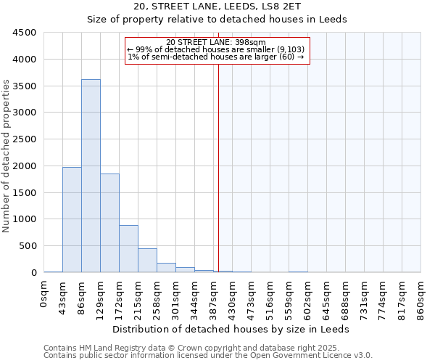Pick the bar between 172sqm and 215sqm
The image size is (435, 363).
(x=128, y=248)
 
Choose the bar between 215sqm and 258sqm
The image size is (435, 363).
(x=147, y=260)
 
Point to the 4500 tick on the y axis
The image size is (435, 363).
(x=25, y=33)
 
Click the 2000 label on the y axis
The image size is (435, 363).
(x=25, y=166)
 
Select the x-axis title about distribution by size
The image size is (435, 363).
(x=232, y=329)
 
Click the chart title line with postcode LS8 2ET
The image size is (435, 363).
(x=217, y=7)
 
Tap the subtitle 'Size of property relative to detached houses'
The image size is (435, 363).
(x=217, y=20)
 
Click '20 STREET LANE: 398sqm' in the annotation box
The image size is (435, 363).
(x=217, y=42)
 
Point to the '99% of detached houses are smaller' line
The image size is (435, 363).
(x=217, y=49)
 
